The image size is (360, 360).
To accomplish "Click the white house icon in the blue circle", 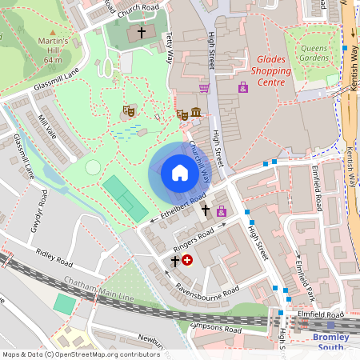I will pyautogui.click(x=179, y=173).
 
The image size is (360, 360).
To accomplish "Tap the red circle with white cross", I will pyautogui.click(x=187, y=260).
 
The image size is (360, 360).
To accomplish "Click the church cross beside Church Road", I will pyautogui.click(x=142, y=33).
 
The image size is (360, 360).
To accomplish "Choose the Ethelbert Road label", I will pyautogui.click(x=183, y=206).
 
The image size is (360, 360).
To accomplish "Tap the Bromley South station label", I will pyautogui.click(x=330, y=342).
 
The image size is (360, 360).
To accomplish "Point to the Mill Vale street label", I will pyautogui.click(x=47, y=126).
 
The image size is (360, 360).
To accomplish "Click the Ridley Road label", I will pyautogui.click(x=54, y=257).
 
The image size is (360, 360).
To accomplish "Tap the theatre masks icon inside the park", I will pyautogui.click(x=126, y=112).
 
